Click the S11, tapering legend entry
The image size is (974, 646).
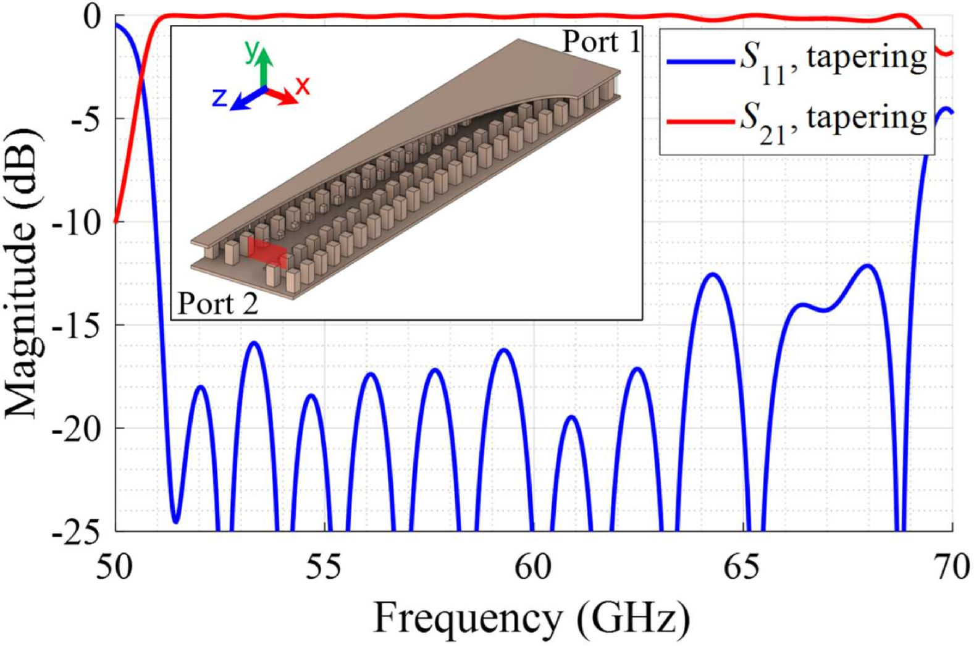click(797, 60)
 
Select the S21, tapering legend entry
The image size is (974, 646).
click(797, 119)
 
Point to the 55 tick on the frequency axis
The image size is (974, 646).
click(324, 567)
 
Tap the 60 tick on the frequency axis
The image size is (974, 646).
click(533, 567)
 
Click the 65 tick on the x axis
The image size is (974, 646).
click(742, 567)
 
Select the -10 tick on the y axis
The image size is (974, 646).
click(77, 222)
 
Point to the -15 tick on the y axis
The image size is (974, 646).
click(77, 325)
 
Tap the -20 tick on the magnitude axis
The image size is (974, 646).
click(77, 428)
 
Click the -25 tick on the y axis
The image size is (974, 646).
click(77, 531)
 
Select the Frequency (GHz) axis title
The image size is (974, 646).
click(531, 618)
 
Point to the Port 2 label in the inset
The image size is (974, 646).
click(217, 304)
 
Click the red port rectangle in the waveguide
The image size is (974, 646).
click(267, 252)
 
